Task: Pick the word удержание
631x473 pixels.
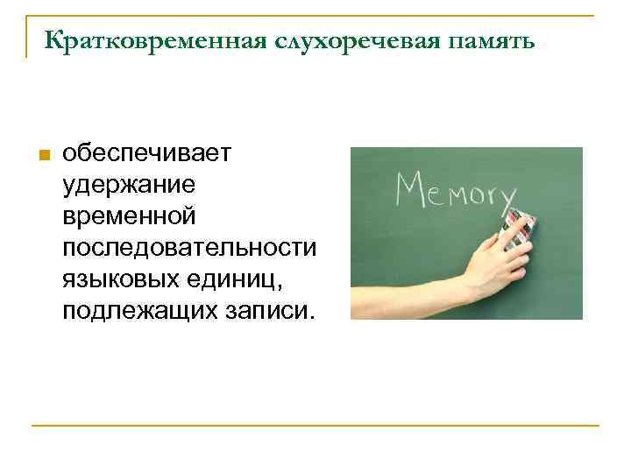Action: pos(129,185)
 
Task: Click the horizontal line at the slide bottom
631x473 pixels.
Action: pos(315,426)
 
